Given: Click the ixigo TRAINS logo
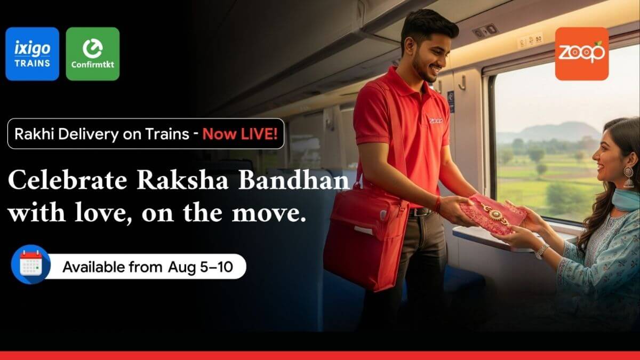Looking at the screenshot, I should [x=32, y=54].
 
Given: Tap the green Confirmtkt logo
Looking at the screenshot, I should [x=92, y=54].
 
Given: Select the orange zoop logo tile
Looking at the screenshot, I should [x=581, y=54].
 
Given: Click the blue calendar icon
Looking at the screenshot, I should [x=30, y=265].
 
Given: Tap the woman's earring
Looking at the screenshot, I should [x=628, y=177].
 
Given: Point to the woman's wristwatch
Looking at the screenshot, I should [x=542, y=251].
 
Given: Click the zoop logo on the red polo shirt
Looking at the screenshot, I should [x=436, y=121].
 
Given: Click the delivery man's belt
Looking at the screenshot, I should [x=421, y=212].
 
